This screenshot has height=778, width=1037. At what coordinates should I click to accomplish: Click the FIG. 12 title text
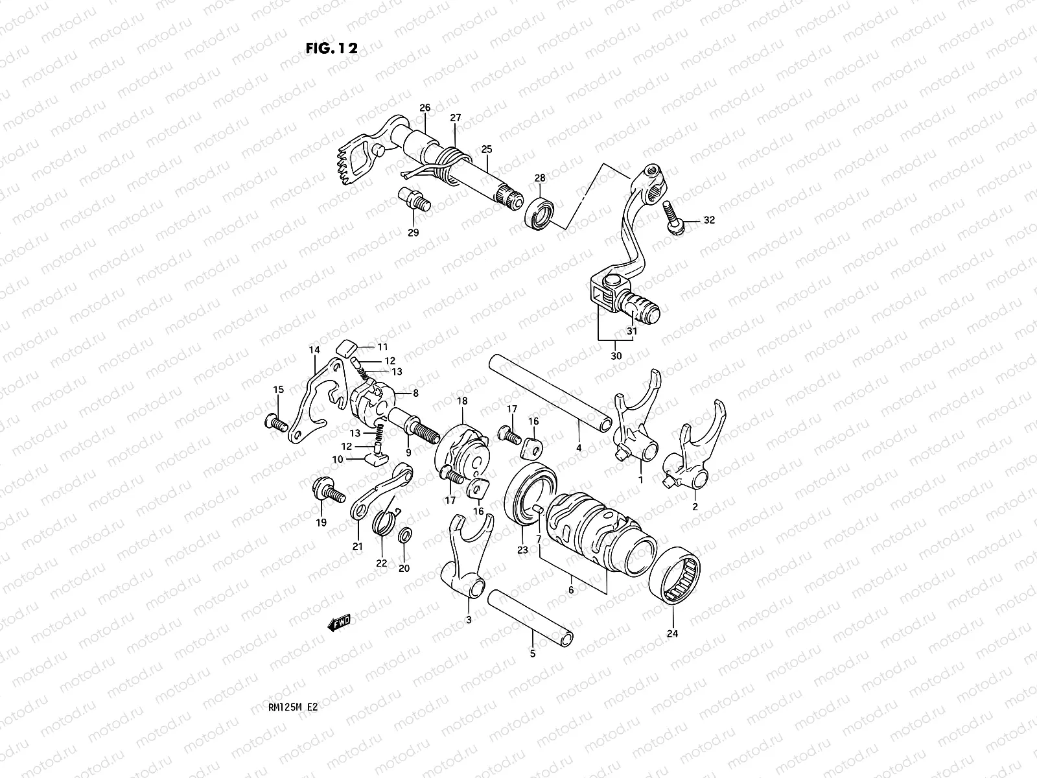tap(331, 49)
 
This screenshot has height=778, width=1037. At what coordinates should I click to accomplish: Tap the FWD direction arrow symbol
tap(339, 623)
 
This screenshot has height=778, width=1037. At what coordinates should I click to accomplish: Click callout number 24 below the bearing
tap(671, 633)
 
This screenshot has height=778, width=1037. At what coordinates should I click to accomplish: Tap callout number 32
tap(708, 220)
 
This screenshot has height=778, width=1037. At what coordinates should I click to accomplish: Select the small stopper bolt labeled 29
tap(412, 197)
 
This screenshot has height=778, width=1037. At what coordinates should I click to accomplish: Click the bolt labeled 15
tap(275, 423)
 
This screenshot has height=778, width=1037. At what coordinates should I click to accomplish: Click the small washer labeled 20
tap(405, 535)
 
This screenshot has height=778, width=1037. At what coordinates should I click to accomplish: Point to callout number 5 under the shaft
tap(533, 654)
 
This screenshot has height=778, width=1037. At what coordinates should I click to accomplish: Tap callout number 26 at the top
tap(425, 108)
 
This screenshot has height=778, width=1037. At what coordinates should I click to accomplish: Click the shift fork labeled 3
tap(469, 558)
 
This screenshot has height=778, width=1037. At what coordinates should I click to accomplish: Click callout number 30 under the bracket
tap(616, 356)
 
